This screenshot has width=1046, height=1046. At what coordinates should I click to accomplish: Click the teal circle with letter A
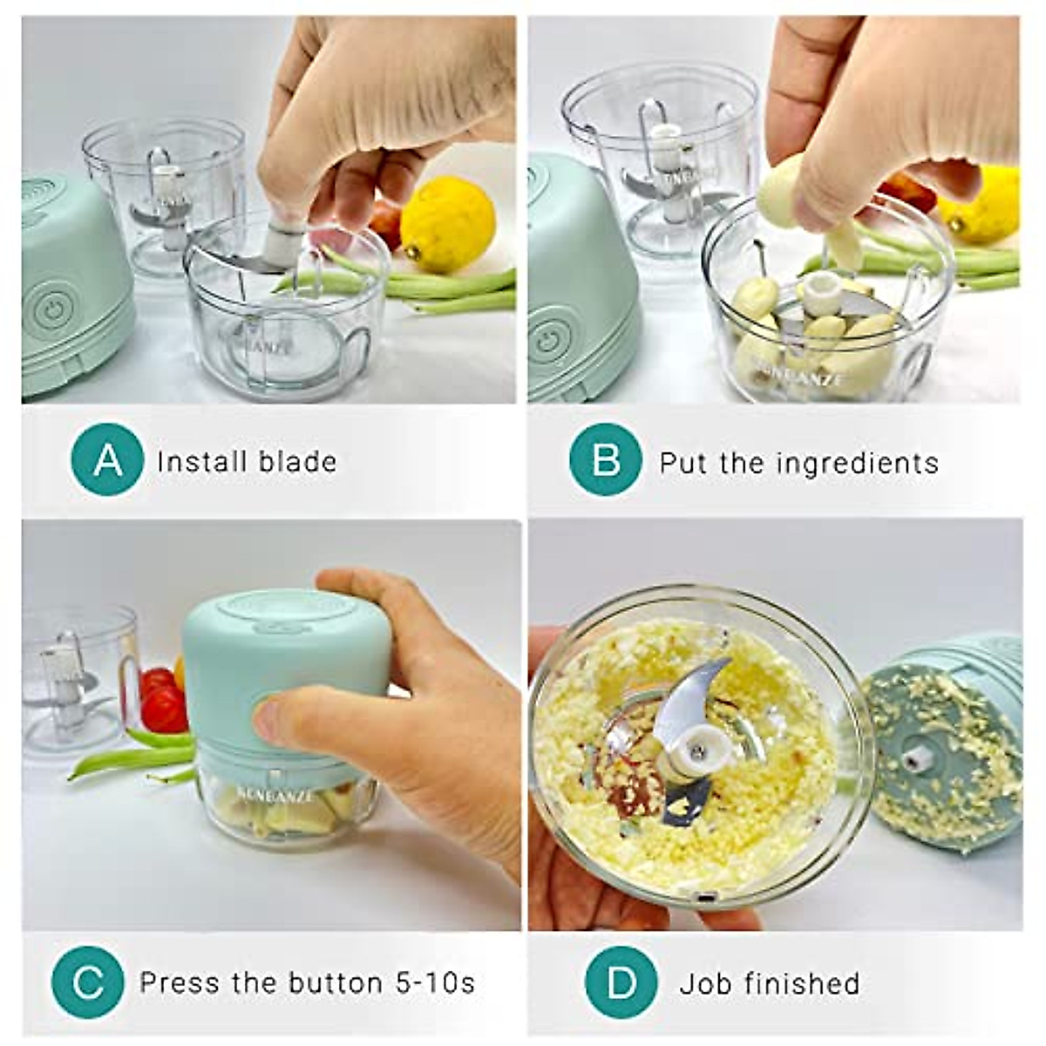tap(107, 459)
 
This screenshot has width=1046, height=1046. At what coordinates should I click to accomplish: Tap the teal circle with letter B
tap(605, 459)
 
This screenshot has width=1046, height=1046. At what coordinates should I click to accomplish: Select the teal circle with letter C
tap(87, 982)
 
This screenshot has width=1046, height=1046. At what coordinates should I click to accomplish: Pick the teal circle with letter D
tap(621, 982)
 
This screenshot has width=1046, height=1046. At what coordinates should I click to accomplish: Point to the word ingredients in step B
tap(858, 463)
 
